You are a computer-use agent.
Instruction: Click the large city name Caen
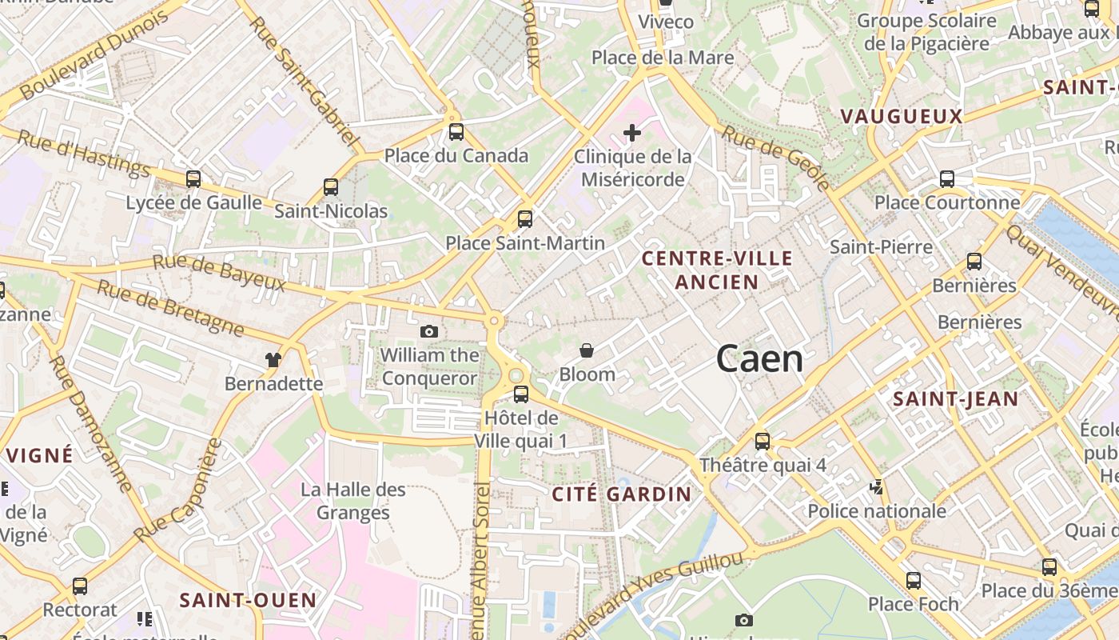coord(759,358)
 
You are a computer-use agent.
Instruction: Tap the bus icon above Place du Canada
coord(456,132)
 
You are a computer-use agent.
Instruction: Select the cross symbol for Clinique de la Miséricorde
coord(632,131)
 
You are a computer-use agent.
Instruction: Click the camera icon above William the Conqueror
coord(429,331)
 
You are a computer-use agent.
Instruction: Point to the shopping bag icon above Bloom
coord(587,350)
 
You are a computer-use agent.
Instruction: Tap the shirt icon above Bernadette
coord(273,360)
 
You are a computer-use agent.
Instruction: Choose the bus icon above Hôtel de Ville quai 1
coord(521,394)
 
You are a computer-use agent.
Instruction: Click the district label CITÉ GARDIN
coord(621,494)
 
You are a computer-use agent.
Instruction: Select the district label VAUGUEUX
coord(901,117)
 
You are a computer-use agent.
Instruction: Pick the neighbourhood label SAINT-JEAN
coord(955,398)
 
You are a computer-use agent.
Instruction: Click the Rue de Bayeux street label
coord(219,273)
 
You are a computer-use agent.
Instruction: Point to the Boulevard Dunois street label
coord(94,54)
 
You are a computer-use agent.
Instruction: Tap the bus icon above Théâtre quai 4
coord(763,441)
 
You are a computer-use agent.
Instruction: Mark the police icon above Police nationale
coord(877,486)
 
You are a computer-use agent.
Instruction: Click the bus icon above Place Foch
coord(913,580)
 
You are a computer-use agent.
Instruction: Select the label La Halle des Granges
coord(352,501)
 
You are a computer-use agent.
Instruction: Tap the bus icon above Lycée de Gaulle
coord(193,179)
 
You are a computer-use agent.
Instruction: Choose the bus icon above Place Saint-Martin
coord(525,218)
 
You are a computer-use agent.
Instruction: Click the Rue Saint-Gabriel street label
coord(305,79)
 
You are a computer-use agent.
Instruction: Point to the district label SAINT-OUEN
coord(248,600)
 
